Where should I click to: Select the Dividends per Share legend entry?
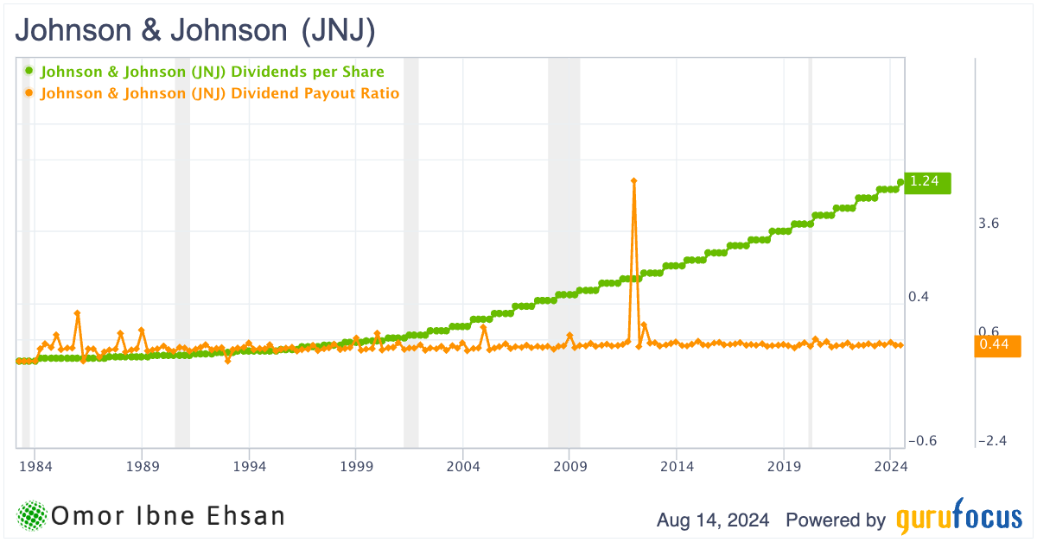pyautogui.click(x=212, y=72)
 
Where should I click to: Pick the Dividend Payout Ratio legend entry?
pyautogui.click(x=219, y=93)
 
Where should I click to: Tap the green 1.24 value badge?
pyautogui.click(x=926, y=181)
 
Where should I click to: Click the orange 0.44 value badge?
pyautogui.click(x=996, y=345)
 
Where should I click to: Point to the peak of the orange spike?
pyautogui.click(x=633, y=181)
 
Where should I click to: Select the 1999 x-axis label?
pyautogui.click(x=356, y=466)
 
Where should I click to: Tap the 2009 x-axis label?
pyautogui.click(x=569, y=466)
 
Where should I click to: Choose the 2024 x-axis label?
pyautogui.click(x=890, y=466)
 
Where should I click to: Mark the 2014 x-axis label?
pyautogui.click(x=677, y=466)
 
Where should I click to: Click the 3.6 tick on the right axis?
pyautogui.click(x=989, y=224)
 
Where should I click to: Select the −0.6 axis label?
pyautogui.click(x=923, y=441)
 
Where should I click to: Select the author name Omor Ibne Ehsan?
pyautogui.click(x=169, y=517)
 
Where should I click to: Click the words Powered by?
pyautogui.click(x=836, y=520)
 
